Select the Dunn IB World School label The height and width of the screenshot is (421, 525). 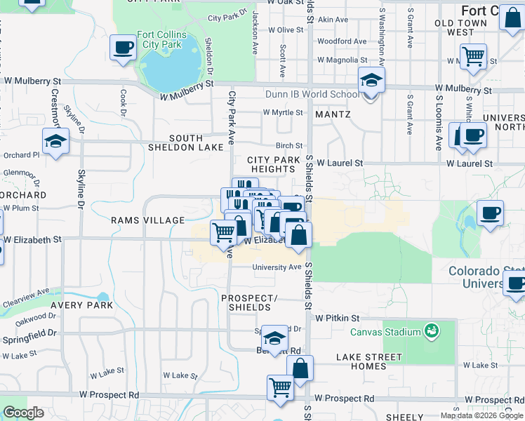pos(312,94)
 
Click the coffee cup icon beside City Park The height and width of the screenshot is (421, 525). pos(123,48)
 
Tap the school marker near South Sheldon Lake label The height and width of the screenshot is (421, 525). pos(55,142)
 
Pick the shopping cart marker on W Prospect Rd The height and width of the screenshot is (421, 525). pos(280,387)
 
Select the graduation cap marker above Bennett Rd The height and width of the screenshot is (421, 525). pos(274,338)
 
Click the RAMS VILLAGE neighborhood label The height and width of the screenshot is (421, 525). pos(147,220)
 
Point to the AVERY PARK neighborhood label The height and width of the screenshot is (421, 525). pos(82,305)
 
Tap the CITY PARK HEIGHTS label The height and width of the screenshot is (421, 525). pos(274,165)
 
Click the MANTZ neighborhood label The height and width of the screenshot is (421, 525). pos(333,113)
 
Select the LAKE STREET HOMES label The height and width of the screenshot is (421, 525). pos(369,361)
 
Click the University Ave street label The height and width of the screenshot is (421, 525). pos(277,267)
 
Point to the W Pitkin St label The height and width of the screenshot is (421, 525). pos(337,318)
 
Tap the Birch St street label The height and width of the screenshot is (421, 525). pos(288,145)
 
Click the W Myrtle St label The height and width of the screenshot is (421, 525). pos(282,112)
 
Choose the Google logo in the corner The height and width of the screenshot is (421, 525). pos(23,413)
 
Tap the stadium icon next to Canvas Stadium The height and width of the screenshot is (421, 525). pos(431,330)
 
